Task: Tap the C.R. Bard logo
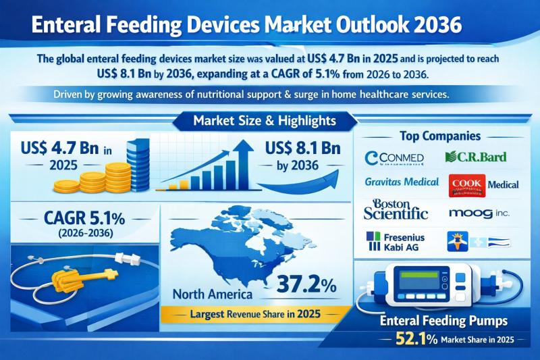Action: [475, 158]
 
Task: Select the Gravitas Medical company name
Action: [401, 182]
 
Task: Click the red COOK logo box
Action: [465, 187]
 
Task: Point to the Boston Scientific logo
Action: [396, 209]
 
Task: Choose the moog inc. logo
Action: [479, 213]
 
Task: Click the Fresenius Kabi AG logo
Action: [397, 242]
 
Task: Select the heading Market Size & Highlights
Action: [265, 122]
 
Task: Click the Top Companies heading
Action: [445, 135]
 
